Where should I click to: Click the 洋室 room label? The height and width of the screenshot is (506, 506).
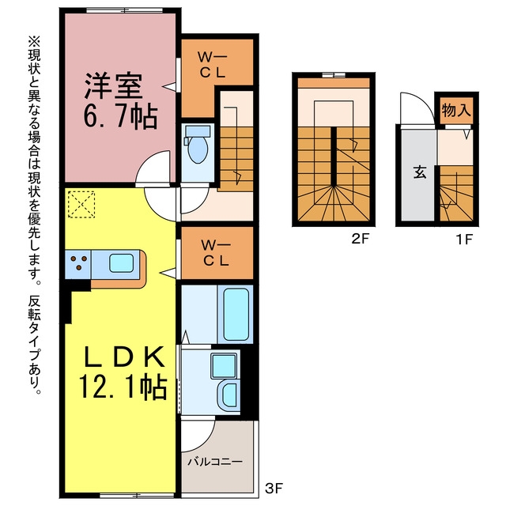113,86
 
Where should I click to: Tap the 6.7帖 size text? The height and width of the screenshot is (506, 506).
120,116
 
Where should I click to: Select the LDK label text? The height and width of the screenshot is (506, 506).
124,357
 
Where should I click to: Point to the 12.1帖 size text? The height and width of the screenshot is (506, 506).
123,387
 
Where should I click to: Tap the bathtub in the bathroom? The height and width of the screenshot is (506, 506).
236,314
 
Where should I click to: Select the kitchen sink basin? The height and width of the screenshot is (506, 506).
121,263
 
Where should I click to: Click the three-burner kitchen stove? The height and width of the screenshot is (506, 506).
78,263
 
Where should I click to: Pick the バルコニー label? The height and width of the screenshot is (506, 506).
215,462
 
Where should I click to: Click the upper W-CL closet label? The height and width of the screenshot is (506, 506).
213,66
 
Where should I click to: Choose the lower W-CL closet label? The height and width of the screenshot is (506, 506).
216,253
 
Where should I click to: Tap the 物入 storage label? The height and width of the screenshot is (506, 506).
456,111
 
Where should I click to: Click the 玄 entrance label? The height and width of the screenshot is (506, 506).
420,172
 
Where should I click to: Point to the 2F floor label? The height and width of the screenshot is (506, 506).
361,239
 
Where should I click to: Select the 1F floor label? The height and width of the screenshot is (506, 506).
464,239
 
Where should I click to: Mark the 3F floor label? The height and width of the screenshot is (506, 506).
274,489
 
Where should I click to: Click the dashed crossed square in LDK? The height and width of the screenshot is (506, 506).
81,204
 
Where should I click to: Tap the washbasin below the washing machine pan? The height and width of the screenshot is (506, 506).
228,395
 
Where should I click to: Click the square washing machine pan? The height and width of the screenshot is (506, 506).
223,366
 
